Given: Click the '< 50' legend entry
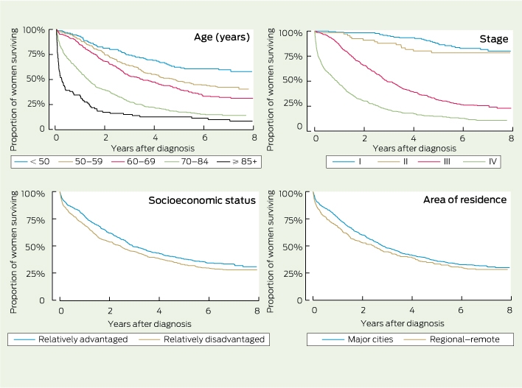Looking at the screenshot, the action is pyautogui.click(x=32, y=161).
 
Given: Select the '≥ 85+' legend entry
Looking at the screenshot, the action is pyautogui.click(x=237, y=161).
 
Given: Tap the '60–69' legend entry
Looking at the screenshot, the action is pyautogui.click(x=133, y=161).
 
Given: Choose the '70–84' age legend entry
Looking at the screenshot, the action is pyautogui.click(x=187, y=161).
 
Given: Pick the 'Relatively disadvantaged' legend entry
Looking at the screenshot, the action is pyautogui.click(x=202, y=339).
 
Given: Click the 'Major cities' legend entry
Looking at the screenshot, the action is pyautogui.click(x=358, y=339).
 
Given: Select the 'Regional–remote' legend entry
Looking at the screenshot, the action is pyautogui.click(x=452, y=339).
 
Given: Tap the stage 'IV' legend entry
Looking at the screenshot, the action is pyautogui.click(x=480, y=161).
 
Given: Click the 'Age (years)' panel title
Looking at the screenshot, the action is pyautogui.click(x=222, y=37).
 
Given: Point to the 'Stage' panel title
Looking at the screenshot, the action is pyautogui.click(x=494, y=39).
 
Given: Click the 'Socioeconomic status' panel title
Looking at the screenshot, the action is pyautogui.click(x=202, y=200).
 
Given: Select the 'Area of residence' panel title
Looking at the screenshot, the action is pyautogui.click(x=464, y=200).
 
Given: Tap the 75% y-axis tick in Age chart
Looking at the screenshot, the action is pyautogui.click(x=36, y=54).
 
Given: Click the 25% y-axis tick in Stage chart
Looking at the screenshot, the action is pyautogui.click(x=293, y=103).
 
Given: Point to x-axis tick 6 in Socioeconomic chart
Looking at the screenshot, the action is pyautogui.click(x=208, y=311).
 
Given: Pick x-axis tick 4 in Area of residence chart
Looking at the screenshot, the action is pyautogui.click(x=412, y=310).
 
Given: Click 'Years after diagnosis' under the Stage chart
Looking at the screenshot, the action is pyautogui.click(x=414, y=148).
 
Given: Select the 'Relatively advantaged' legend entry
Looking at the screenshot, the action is pyautogui.click(x=71, y=339).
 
